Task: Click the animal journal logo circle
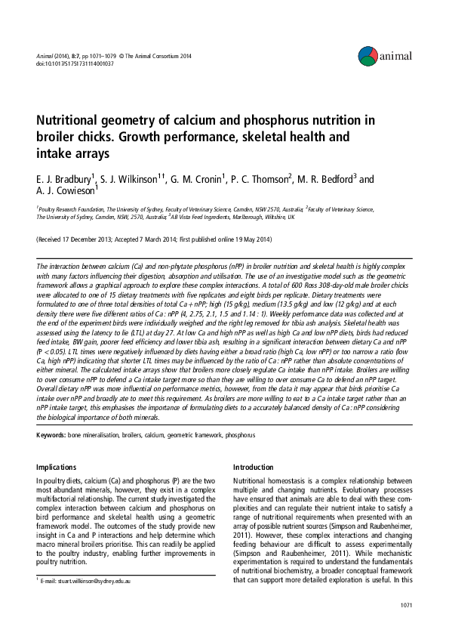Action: [x=368, y=54]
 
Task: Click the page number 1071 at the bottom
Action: [x=407, y=606]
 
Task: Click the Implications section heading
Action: [x=57, y=467]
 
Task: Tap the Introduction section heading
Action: [x=254, y=467]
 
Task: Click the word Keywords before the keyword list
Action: [x=51, y=435]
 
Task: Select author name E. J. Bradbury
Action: [x=63, y=180]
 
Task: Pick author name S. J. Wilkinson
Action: [x=129, y=180]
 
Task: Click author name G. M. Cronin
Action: [x=201, y=180]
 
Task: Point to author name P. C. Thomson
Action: [x=274, y=180]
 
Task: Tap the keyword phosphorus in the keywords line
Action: [x=241, y=435]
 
